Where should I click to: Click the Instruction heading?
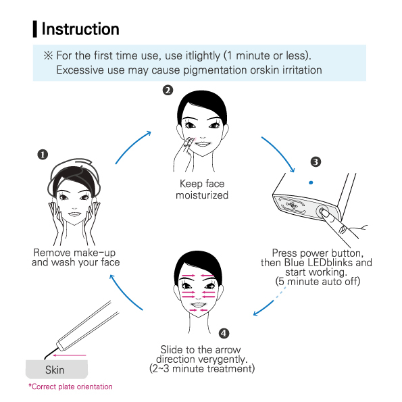(80, 29)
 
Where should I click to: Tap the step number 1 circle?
(43, 154)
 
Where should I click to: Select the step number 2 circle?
(168, 91)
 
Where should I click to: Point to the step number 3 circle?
(315, 161)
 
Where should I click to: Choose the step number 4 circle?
(224, 333)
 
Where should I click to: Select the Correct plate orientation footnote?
(70, 387)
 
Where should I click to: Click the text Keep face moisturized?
(202, 190)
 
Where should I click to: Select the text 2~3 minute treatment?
(202, 369)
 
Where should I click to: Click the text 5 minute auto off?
(318, 280)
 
